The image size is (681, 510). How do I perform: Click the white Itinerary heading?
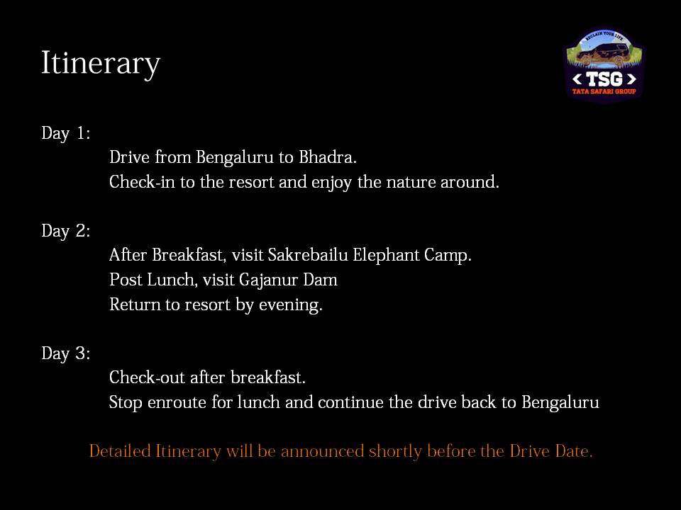pos(101,64)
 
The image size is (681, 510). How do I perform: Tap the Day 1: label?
pos(65,133)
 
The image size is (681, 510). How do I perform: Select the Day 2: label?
pos(65,231)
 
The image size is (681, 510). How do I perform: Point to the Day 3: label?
pos(65,354)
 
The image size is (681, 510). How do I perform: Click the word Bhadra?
pos(328,157)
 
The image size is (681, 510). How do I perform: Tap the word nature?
pos(411,182)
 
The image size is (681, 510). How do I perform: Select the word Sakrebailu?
pos(307,254)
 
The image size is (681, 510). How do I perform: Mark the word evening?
pos(291,305)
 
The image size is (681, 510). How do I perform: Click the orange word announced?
pos(322,451)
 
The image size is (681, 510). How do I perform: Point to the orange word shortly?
pos(395,452)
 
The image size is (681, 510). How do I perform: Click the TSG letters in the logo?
pos(604,79)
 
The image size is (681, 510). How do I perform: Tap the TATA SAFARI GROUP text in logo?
pos(604,91)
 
